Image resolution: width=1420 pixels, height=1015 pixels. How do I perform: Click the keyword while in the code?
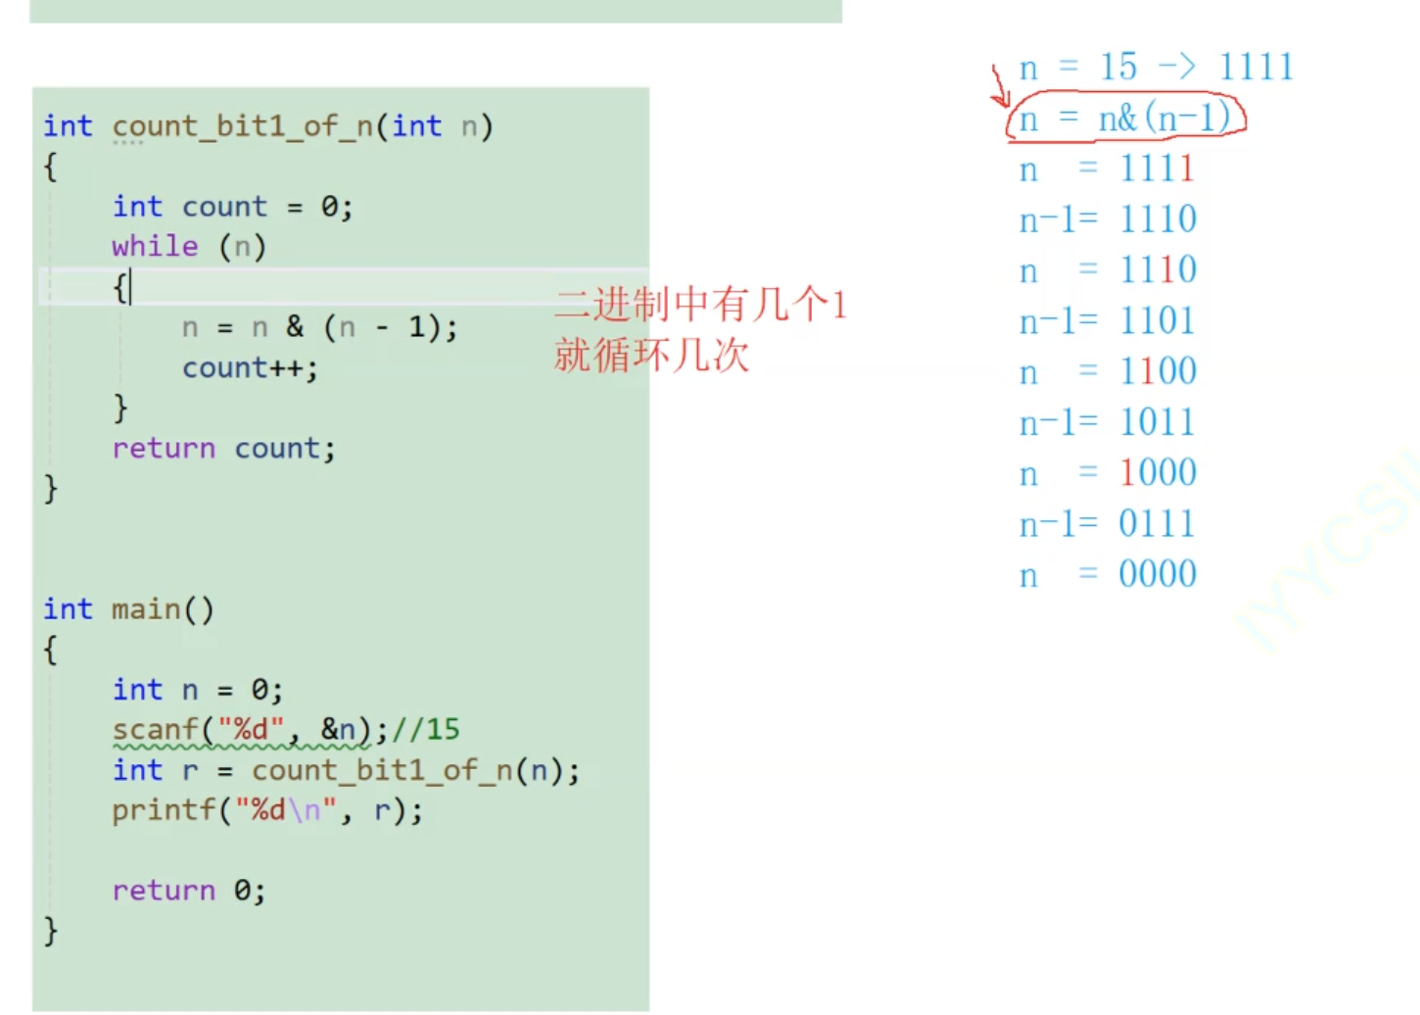click(x=155, y=246)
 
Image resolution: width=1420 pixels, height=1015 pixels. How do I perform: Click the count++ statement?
click(x=250, y=367)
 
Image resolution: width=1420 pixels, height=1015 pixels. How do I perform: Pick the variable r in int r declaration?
click(x=190, y=770)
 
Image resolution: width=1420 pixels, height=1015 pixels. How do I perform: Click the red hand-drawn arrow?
click(x=999, y=85)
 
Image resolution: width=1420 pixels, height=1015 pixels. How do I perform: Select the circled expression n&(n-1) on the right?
click(x=1126, y=119)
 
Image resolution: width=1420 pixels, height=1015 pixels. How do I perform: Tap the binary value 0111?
click(x=1157, y=524)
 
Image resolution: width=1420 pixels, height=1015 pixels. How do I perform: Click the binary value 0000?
click(x=1157, y=574)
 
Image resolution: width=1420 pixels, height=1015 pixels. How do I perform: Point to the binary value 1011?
click(x=1157, y=422)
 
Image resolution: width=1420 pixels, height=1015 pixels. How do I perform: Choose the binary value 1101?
click(x=1157, y=320)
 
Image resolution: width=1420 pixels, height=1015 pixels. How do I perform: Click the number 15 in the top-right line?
click(x=1117, y=67)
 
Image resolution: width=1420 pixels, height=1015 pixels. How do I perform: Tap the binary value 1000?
click(x=1157, y=473)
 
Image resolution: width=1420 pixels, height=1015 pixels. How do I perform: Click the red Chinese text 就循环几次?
click(x=651, y=355)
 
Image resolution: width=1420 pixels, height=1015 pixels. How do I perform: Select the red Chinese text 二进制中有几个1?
click(x=699, y=305)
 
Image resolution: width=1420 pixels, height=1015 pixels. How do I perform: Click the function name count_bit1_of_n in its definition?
click(x=244, y=126)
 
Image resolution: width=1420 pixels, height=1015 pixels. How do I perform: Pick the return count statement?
click(x=223, y=448)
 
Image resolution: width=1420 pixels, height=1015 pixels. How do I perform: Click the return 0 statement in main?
click(x=188, y=890)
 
